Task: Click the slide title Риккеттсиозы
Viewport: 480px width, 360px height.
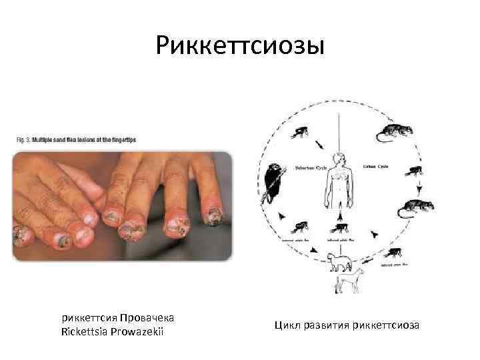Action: pos(240,46)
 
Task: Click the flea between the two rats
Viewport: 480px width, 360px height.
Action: pos(414,170)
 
